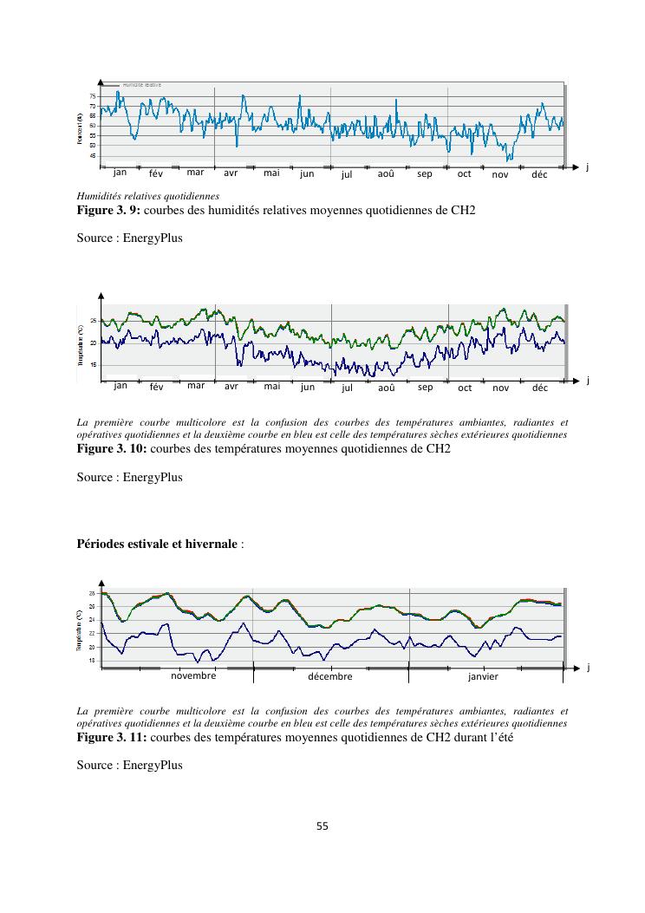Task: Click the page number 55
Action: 322,826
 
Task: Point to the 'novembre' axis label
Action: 193,675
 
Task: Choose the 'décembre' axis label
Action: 330,676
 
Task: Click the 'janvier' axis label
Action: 483,676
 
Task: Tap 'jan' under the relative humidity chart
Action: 120,172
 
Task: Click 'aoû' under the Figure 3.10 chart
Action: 387,387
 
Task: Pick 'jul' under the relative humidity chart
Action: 347,174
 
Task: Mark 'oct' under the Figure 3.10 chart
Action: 465,388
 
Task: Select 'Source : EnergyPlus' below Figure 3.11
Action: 129,765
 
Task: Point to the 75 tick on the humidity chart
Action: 93,95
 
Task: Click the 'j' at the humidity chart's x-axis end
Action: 587,166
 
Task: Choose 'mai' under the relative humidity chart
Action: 271,173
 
